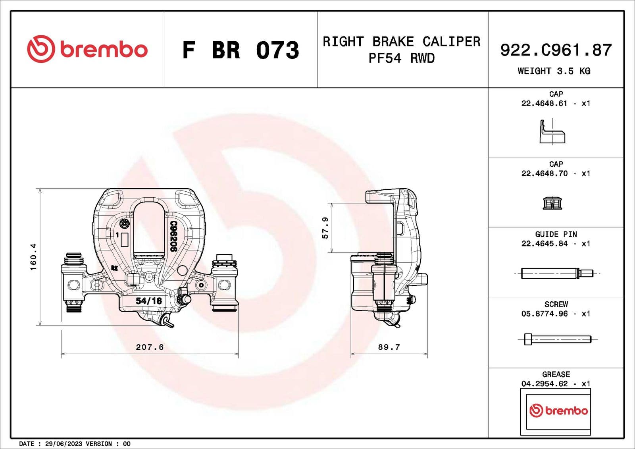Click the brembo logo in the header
[87, 49]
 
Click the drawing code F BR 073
[241, 50]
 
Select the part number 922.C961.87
[556, 50]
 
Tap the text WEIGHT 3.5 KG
[554, 71]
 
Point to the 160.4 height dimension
[33, 257]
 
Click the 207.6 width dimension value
[150, 347]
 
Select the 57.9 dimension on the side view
[325, 227]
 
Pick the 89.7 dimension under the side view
[389, 347]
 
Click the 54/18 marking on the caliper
[149, 301]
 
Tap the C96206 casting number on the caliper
[173, 236]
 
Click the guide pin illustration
[556, 274]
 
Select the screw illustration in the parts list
[557, 339]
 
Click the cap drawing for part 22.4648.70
[552, 203]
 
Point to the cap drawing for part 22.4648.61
[552, 132]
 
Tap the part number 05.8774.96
[544, 314]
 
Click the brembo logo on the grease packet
[558, 410]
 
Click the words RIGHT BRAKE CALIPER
[401, 42]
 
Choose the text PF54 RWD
[401, 58]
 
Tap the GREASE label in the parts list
[556, 374]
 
